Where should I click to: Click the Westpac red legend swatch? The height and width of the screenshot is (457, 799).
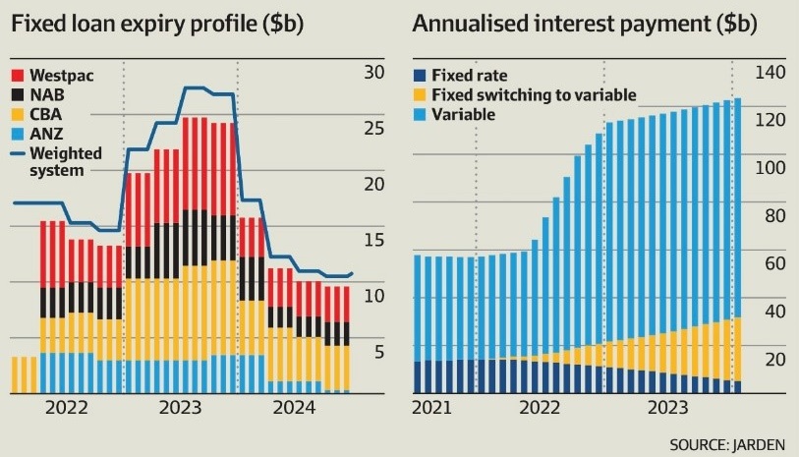(17, 75)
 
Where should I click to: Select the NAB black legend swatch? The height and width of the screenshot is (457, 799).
(17, 94)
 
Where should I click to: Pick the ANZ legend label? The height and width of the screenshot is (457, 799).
(47, 134)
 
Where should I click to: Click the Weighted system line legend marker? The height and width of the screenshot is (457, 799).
(17, 153)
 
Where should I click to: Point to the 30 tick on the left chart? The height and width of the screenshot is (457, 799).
(373, 72)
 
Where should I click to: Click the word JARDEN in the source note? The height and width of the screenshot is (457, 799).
(759, 444)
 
